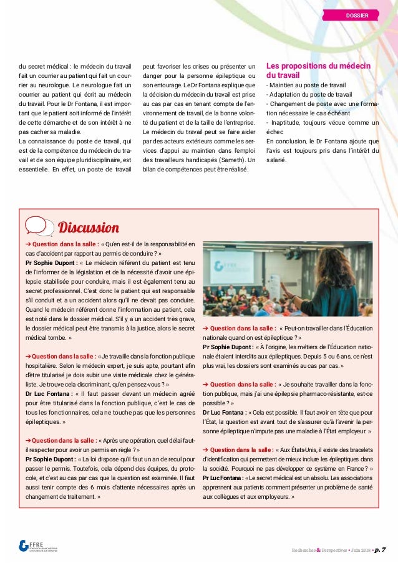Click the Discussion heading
point(88,226)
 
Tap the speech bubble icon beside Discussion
point(39,226)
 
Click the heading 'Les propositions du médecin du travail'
point(318,71)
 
